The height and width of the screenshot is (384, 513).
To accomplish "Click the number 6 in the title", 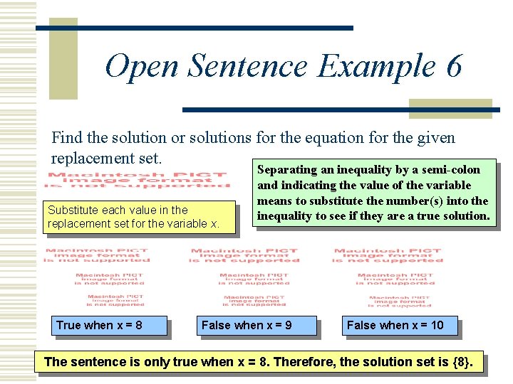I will (x=454, y=67).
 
